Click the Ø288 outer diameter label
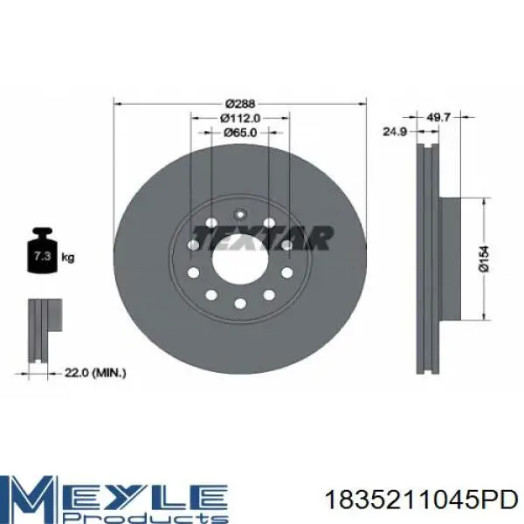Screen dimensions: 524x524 (240, 104)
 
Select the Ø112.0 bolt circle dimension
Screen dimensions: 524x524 (240, 118)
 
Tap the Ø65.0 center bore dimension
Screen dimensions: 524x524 (240, 133)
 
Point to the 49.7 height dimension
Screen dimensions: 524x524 (438, 117)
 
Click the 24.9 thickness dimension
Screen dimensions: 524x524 (395, 132)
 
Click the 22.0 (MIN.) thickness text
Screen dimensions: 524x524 (95, 373)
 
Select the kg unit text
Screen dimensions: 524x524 (68, 258)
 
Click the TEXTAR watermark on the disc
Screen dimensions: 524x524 (263, 238)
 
